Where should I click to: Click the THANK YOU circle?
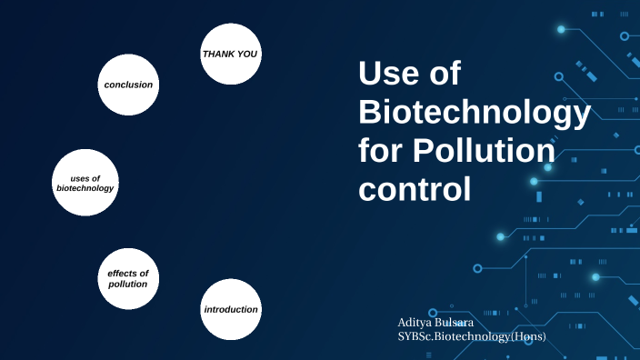pos(230,54)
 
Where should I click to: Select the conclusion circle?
pos(128,85)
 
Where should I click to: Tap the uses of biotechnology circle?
pos(85,183)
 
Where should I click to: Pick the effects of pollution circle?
pos(127,278)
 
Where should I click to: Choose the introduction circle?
pos(231,309)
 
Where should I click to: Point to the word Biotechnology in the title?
pos(475,113)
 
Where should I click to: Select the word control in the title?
pos(415,190)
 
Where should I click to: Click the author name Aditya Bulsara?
pos(435,323)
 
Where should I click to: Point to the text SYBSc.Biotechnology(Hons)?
pos(472,336)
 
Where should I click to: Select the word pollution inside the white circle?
pos(127,285)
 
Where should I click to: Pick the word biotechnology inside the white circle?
pos(85,188)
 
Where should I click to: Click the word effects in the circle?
pos(127,273)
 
